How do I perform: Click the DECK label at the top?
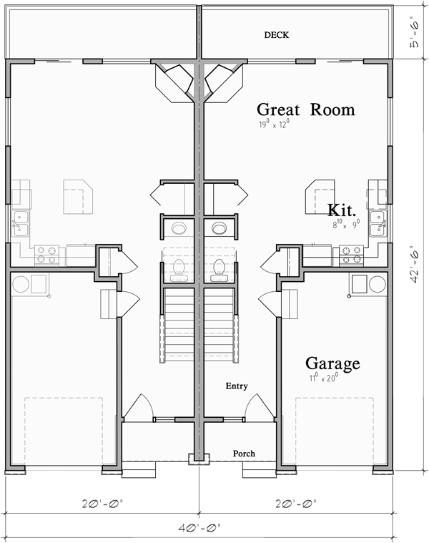click(x=276, y=34)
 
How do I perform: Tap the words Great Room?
click(x=305, y=109)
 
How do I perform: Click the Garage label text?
click(x=332, y=363)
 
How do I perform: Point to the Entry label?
click(x=236, y=386)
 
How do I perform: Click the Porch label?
click(x=244, y=454)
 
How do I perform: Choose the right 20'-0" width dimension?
click(x=297, y=503)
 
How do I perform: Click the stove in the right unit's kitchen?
click(x=350, y=251)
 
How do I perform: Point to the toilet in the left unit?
click(x=179, y=270)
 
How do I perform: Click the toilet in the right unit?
click(x=219, y=270)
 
